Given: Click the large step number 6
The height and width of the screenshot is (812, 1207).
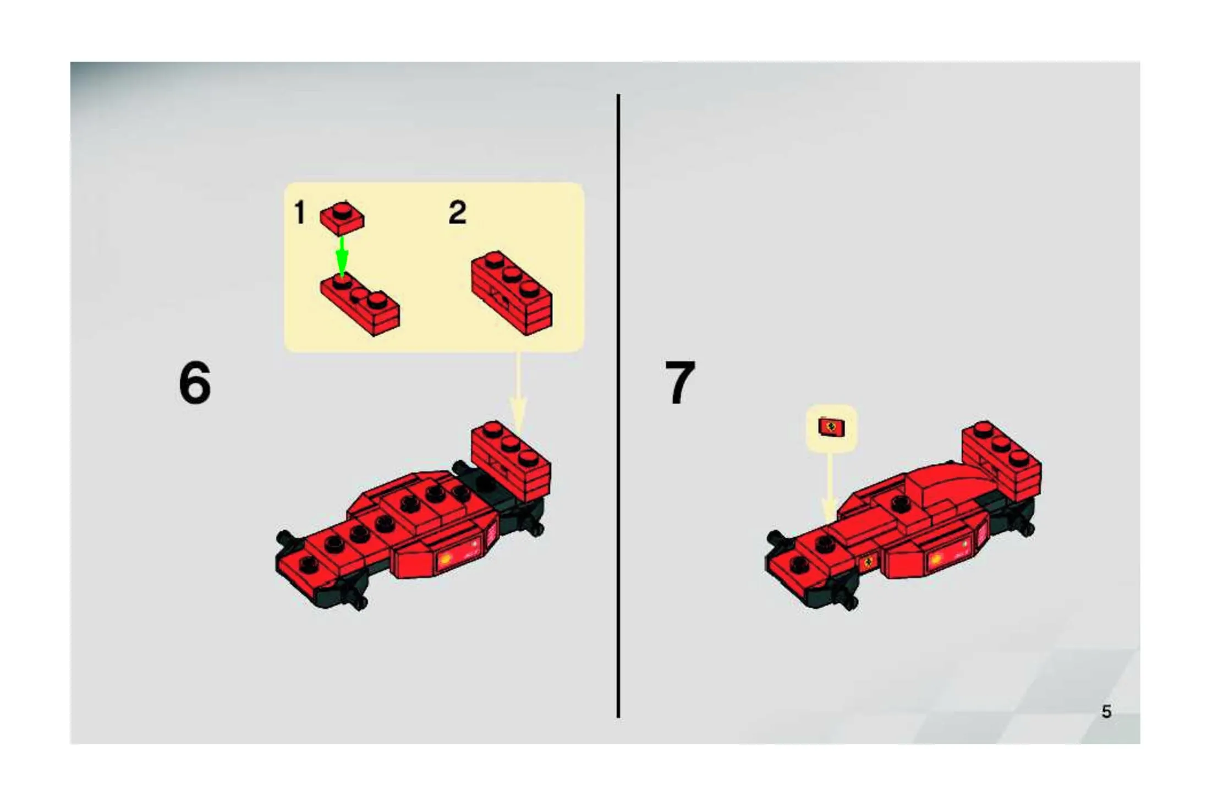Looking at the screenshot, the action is pyautogui.click(x=195, y=382).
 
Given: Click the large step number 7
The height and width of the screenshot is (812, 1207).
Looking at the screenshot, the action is pyautogui.click(x=680, y=382).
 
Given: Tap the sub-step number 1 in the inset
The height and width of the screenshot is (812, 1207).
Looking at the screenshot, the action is pyautogui.click(x=299, y=212).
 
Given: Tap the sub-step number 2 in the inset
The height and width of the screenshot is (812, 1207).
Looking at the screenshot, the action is pyautogui.click(x=457, y=212).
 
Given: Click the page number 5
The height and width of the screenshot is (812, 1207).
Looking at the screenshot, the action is pyautogui.click(x=1106, y=712).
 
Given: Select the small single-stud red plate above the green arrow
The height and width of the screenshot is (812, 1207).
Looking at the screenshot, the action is pyautogui.click(x=342, y=216).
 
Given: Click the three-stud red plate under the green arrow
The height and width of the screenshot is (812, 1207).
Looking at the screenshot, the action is pyautogui.click(x=360, y=304).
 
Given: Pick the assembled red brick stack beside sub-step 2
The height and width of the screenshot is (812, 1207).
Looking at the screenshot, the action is pyautogui.click(x=512, y=293).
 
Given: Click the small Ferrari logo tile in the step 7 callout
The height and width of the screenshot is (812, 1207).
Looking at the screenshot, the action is pyautogui.click(x=831, y=427).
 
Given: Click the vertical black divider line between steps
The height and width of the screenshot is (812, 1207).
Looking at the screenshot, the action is pyautogui.click(x=618, y=406).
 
